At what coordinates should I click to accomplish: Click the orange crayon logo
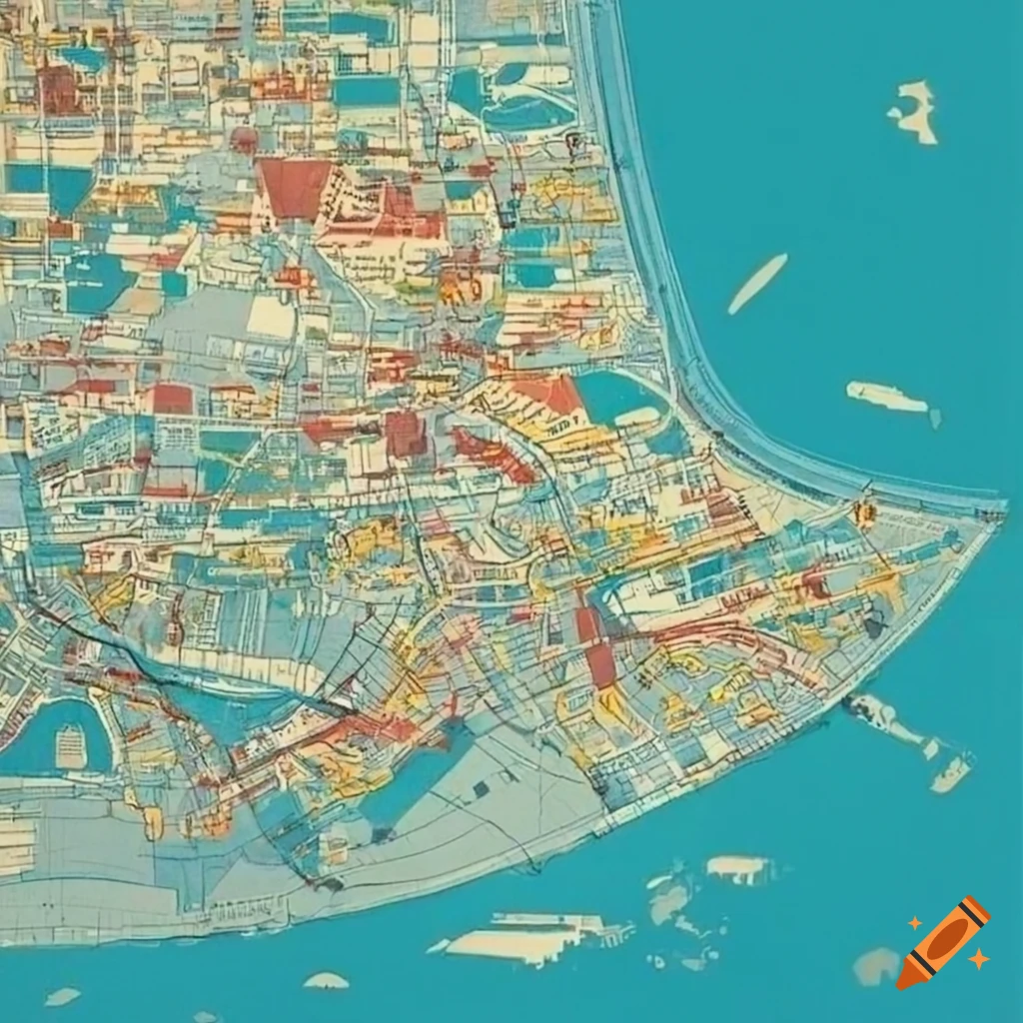coord(943,942)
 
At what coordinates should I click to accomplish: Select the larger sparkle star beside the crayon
coord(979,959)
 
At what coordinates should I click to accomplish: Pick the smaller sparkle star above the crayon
coord(914,923)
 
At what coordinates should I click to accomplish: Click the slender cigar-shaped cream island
coord(757,282)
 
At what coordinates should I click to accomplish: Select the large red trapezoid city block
coord(295,187)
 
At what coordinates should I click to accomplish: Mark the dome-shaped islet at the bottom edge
coord(326,981)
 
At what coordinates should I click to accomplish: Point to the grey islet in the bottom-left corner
coord(62,996)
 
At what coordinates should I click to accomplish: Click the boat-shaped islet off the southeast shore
coord(951,772)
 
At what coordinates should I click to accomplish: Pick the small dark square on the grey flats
coord(482,789)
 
